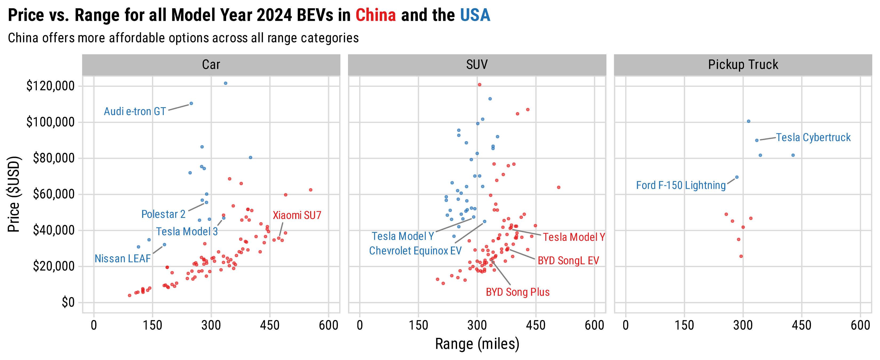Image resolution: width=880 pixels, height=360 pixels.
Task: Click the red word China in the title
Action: pos(375,15)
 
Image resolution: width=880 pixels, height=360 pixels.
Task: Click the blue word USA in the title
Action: pos(475,15)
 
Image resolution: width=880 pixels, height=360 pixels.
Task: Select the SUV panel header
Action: pos(477,65)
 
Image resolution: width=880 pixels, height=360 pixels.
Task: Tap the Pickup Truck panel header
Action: pos(743,65)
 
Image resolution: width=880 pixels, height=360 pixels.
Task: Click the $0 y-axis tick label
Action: pos(68,302)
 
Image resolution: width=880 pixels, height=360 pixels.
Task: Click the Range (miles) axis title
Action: pos(477,344)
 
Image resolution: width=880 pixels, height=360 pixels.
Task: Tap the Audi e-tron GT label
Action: pos(135,111)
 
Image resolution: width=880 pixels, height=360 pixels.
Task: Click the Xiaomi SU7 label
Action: pos(297,215)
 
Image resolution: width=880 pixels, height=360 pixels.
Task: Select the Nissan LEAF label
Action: pos(122,259)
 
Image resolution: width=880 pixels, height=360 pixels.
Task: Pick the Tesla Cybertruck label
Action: pos(813,137)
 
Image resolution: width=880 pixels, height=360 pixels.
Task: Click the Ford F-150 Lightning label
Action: pos(681,185)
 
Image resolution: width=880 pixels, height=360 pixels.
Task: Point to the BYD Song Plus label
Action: pos(518,292)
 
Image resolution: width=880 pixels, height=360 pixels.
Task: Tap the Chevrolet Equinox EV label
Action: pos(415,251)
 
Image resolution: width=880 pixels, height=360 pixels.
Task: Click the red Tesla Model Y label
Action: pos(574,237)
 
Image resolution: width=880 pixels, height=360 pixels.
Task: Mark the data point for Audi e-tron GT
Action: pos(191,103)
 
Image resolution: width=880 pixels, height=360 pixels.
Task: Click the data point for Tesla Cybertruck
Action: pos(757,140)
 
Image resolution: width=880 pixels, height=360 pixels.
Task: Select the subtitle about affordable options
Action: pos(183,38)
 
